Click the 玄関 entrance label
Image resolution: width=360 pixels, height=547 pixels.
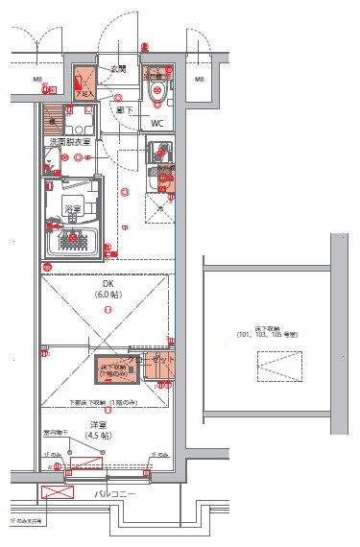(118, 68)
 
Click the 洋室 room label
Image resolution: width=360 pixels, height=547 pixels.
(98, 423)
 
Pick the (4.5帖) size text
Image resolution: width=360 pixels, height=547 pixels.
(98, 435)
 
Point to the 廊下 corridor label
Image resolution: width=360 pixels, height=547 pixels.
(124, 111)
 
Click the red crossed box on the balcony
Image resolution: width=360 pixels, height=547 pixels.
(59, 494)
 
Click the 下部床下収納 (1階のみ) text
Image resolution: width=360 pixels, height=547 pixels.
(105, 401)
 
